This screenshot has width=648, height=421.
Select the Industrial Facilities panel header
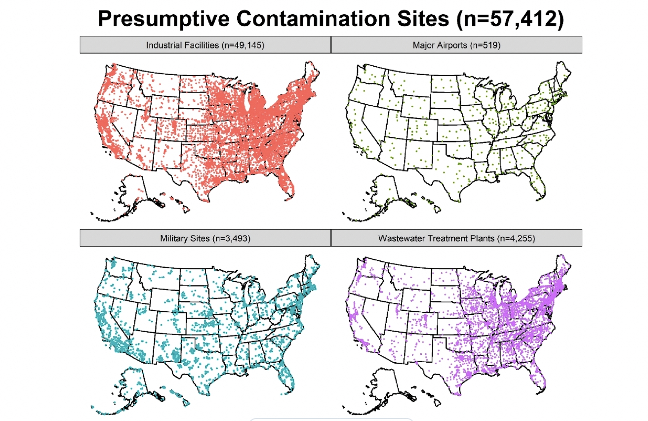pos(205,45)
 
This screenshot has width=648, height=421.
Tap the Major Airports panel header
pos(456,45)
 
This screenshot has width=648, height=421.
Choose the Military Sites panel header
pos(205,238)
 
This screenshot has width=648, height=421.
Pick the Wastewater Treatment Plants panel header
pos(456,238)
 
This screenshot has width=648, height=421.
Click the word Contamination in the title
pos(317,19)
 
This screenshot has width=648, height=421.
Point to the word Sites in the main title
pos(425,19)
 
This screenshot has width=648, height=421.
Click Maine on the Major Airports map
pos(563,74)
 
